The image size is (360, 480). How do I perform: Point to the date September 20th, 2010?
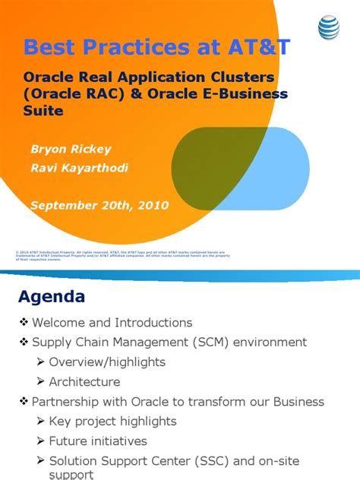click(99, 204)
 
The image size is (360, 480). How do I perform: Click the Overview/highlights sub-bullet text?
click(107, 362)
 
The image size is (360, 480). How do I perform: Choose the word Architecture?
click(84, 382)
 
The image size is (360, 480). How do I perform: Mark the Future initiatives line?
click(98, 441)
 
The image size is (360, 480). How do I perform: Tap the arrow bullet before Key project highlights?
click(40, 422)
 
